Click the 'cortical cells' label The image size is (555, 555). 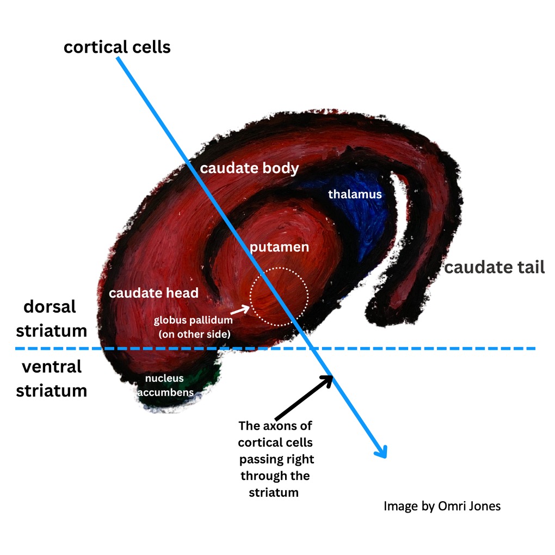click(x=117, y=47)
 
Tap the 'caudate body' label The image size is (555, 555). click(x=250, y=169)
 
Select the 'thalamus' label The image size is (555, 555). click(x=355, y=194)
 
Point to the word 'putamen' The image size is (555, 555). click(x=279, y=247)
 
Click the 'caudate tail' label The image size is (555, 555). click(x=495, y=267)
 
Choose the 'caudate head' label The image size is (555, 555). click(x=153, y=293)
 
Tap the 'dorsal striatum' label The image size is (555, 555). click(x=51, y=318)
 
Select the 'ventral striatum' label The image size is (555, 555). click(x=51, y=379)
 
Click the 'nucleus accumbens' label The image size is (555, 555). click(x=165, y=385)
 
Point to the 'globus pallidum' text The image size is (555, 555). click(x=193, y=320)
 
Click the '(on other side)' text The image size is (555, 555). click(x=194, y=334)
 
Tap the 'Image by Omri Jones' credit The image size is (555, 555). click(x=442, y=506)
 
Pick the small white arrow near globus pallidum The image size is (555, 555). click(x=240, y=310)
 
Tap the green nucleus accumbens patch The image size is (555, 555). click(x=209, y=379)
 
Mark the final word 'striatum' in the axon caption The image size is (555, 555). click(x=274, y=493)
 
